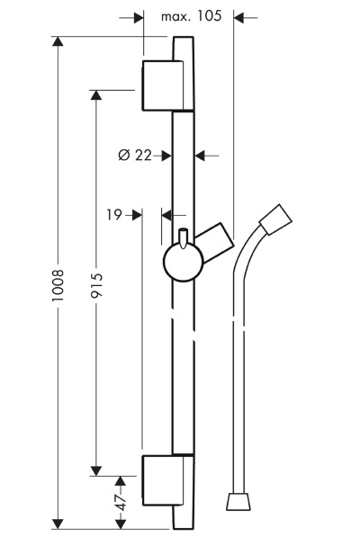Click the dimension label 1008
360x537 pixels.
(x=58, y=285)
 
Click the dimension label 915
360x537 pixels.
(x=96, y=285)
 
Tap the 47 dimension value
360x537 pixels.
(x=121, y=502)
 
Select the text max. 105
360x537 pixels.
(x=191, y=16)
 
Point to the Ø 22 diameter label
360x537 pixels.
(x=135, y=155)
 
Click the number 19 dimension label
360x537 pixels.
(x=114, y=215)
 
